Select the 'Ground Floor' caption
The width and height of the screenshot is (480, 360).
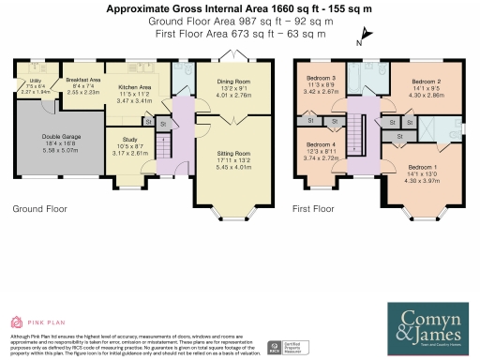click(37, 210)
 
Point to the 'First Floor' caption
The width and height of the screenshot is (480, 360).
click(314, 210)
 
